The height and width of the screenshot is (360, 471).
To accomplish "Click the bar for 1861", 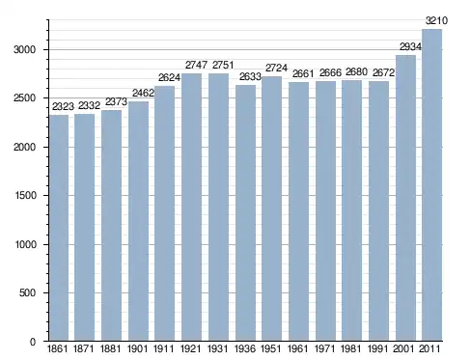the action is [59, 228].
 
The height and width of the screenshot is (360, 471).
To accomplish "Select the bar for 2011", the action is [431, 185].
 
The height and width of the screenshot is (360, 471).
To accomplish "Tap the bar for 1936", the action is [245, 212].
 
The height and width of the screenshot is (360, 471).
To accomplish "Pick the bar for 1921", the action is [191, 208].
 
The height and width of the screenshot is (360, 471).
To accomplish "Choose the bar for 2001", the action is [405, 198].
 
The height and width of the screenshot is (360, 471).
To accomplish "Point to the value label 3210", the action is [436, 21].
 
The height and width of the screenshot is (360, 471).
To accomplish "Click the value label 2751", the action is [223, 65].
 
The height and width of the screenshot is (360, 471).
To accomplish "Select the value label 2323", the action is [63, 106].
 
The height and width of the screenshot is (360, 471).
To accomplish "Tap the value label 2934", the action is [410, 47].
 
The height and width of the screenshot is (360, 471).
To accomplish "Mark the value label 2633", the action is [250, 76].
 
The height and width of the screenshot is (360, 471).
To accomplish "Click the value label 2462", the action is [143, 93].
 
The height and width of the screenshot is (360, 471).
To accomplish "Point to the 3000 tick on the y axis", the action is [24, 49].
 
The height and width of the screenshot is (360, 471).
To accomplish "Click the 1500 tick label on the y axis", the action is [25, 195].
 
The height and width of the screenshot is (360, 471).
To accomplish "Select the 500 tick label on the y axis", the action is [27, 292].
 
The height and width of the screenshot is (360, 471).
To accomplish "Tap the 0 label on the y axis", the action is [33, 342].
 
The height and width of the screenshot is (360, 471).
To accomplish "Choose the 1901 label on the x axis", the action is [137, 348].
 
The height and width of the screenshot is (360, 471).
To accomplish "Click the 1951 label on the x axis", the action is [271, 348].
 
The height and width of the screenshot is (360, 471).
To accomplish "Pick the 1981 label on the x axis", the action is [351, 348].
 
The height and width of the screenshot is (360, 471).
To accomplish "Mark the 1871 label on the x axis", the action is [84, 348].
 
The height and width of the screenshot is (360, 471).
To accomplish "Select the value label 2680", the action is [356, 72].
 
